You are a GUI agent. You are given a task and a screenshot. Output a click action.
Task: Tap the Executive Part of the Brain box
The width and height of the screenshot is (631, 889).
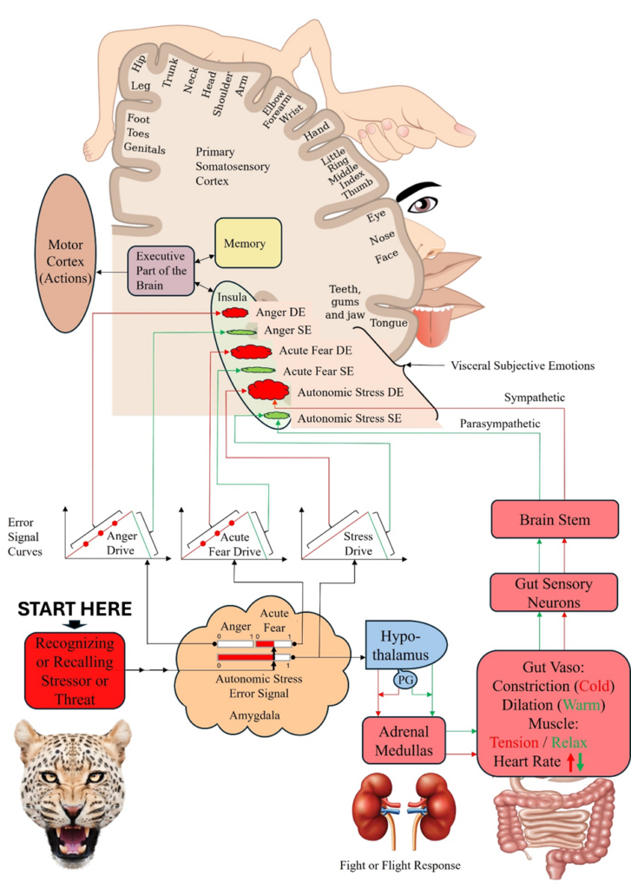(161, 271)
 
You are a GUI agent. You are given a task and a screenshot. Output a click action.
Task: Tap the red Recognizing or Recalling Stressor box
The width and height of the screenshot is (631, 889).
(76, 668)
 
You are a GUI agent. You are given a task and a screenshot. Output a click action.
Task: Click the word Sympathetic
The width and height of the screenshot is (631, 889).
(534, 398)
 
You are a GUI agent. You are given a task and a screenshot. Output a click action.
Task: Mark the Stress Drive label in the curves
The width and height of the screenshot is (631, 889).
(358, 543)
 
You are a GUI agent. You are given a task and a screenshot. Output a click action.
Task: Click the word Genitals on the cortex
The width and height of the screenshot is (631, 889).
(145, 148)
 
